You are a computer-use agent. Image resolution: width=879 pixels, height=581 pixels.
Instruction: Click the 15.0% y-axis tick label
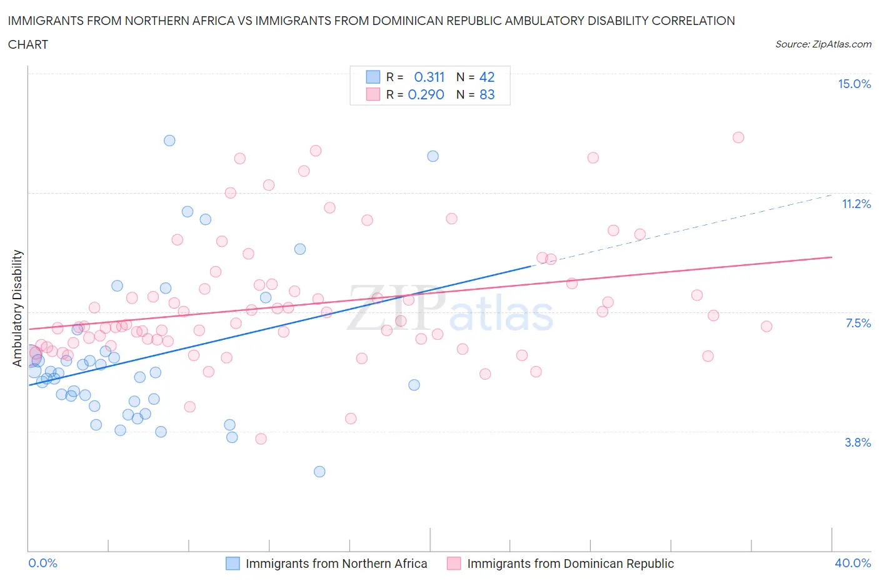coord(854,84)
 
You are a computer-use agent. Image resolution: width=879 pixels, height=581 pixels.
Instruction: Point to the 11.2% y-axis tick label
coord(856,204)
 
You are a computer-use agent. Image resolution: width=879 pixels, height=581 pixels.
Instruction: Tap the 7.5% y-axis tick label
coord(858,324)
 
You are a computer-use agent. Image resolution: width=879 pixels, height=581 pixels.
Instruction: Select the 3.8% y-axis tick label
coord(858,443)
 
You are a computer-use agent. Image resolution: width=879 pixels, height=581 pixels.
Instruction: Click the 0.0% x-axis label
coord(43,564)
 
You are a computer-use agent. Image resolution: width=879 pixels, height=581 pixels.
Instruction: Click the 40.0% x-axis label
coord(853,564)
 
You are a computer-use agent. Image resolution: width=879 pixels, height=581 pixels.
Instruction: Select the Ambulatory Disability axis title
coord(18,308)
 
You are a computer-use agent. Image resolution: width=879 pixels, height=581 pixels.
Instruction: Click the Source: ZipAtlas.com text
coord(823,44)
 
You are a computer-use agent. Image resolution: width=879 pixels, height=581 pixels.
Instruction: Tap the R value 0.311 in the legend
coord(429,77)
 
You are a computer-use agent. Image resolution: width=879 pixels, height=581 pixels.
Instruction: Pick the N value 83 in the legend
coord(487,95)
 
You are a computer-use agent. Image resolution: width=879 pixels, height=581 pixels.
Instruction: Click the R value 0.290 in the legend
coord(426,95)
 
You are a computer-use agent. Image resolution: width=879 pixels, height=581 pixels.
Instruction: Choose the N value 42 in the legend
coord(487,77)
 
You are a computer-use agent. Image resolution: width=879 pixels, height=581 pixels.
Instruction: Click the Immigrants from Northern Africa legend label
coord(336,564)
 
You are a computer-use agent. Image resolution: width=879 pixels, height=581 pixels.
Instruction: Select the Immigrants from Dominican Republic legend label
coord(570,564)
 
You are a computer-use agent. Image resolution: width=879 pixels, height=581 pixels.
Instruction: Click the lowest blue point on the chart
coord(319,472)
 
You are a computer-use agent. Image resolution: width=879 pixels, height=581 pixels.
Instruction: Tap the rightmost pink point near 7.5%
coord(766,326)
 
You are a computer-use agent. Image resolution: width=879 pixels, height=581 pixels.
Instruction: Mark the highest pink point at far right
coord(738,137)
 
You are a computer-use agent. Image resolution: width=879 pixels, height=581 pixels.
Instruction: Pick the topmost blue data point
coord(169,141)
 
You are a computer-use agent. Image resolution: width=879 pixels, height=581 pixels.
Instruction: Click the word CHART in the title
coord(28,44)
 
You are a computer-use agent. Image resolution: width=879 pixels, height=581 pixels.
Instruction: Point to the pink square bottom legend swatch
coord(454,564)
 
